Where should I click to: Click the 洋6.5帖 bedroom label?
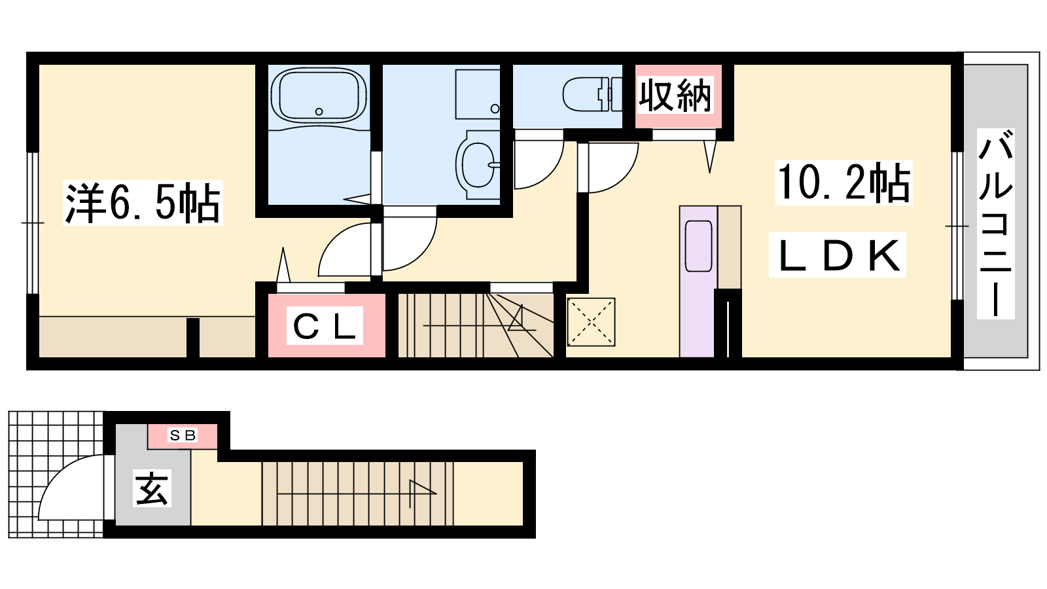[143, 204]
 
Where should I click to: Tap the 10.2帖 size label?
[843, 183]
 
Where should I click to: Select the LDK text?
[838, 255]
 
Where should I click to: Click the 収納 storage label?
[675, 96]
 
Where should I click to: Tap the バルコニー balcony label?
[995, 224]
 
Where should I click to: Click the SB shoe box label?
[183, 435]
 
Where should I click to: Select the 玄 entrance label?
[152, 488]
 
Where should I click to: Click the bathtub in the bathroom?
[318, 96]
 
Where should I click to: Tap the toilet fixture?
[592, 94]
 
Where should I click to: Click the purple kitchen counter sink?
[698, 246]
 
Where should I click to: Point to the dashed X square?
[591, 322]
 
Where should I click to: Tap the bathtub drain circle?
[319, 112]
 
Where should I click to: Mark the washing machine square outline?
[478, 94]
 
